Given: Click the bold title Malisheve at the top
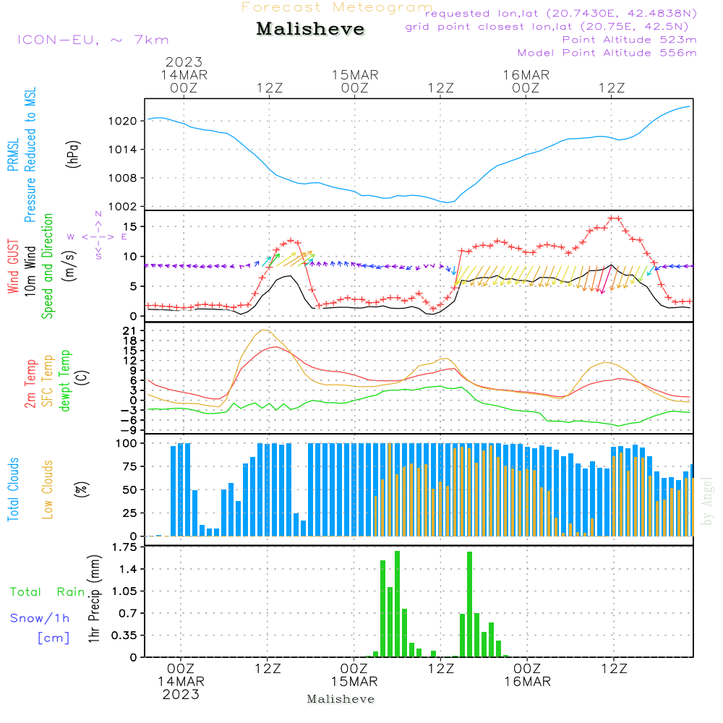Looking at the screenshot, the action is [x=310, y=29].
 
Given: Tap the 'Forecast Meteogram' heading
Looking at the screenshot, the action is [x=337, y=7].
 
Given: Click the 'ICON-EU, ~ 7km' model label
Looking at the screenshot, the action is [x=93, y=40].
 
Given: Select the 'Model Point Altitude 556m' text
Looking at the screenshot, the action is [x=607, y=53].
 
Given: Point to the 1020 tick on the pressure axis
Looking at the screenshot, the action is [x=123, y=121].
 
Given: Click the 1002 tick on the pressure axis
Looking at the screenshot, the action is [x=123, y=207].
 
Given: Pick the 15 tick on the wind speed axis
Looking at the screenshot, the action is [x=130, y=227].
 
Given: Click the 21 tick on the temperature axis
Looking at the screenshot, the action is [x=130, y=330].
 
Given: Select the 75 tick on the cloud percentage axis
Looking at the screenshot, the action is [x=130, y=466].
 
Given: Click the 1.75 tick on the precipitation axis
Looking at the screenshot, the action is [x=124, y=547].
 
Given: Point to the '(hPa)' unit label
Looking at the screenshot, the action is [x=73, y=154].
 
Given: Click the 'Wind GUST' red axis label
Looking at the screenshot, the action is [x=13, y=267].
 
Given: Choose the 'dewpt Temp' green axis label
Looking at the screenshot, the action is [x=64, y=380].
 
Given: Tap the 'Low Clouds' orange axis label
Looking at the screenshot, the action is [x=48, y=489].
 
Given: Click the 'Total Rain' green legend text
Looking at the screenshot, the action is [x=48, y=592].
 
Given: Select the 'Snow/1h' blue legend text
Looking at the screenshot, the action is [x=40, y=618].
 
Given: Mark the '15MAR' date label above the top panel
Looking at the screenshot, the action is [x=355, y=75].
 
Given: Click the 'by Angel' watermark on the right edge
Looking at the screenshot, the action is [x=707, y=501].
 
